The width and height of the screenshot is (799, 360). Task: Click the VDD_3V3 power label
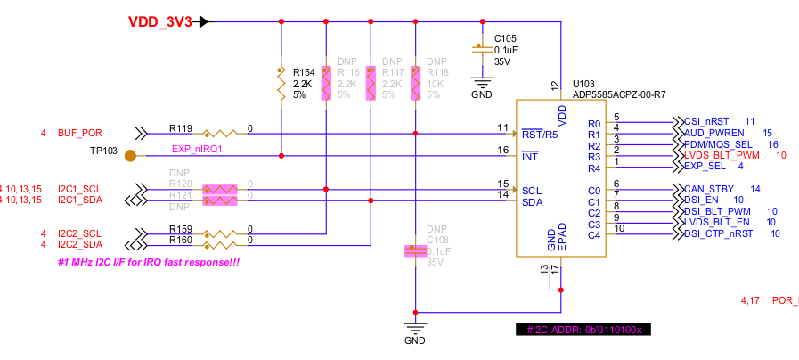coord(160,22)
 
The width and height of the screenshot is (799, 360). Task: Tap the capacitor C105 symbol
coord(482,50)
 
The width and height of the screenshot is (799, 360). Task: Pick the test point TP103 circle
coord(131,157)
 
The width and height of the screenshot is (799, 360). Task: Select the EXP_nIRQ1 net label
coord(197,150)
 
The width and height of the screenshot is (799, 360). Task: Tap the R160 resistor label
coord(181,240)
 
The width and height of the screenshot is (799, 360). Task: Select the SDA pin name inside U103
coord(532,202)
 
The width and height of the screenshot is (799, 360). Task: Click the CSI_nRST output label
coord(707,120)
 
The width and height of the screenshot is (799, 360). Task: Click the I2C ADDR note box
coord(585,329)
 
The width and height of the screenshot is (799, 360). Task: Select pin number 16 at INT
coord(503,151)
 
